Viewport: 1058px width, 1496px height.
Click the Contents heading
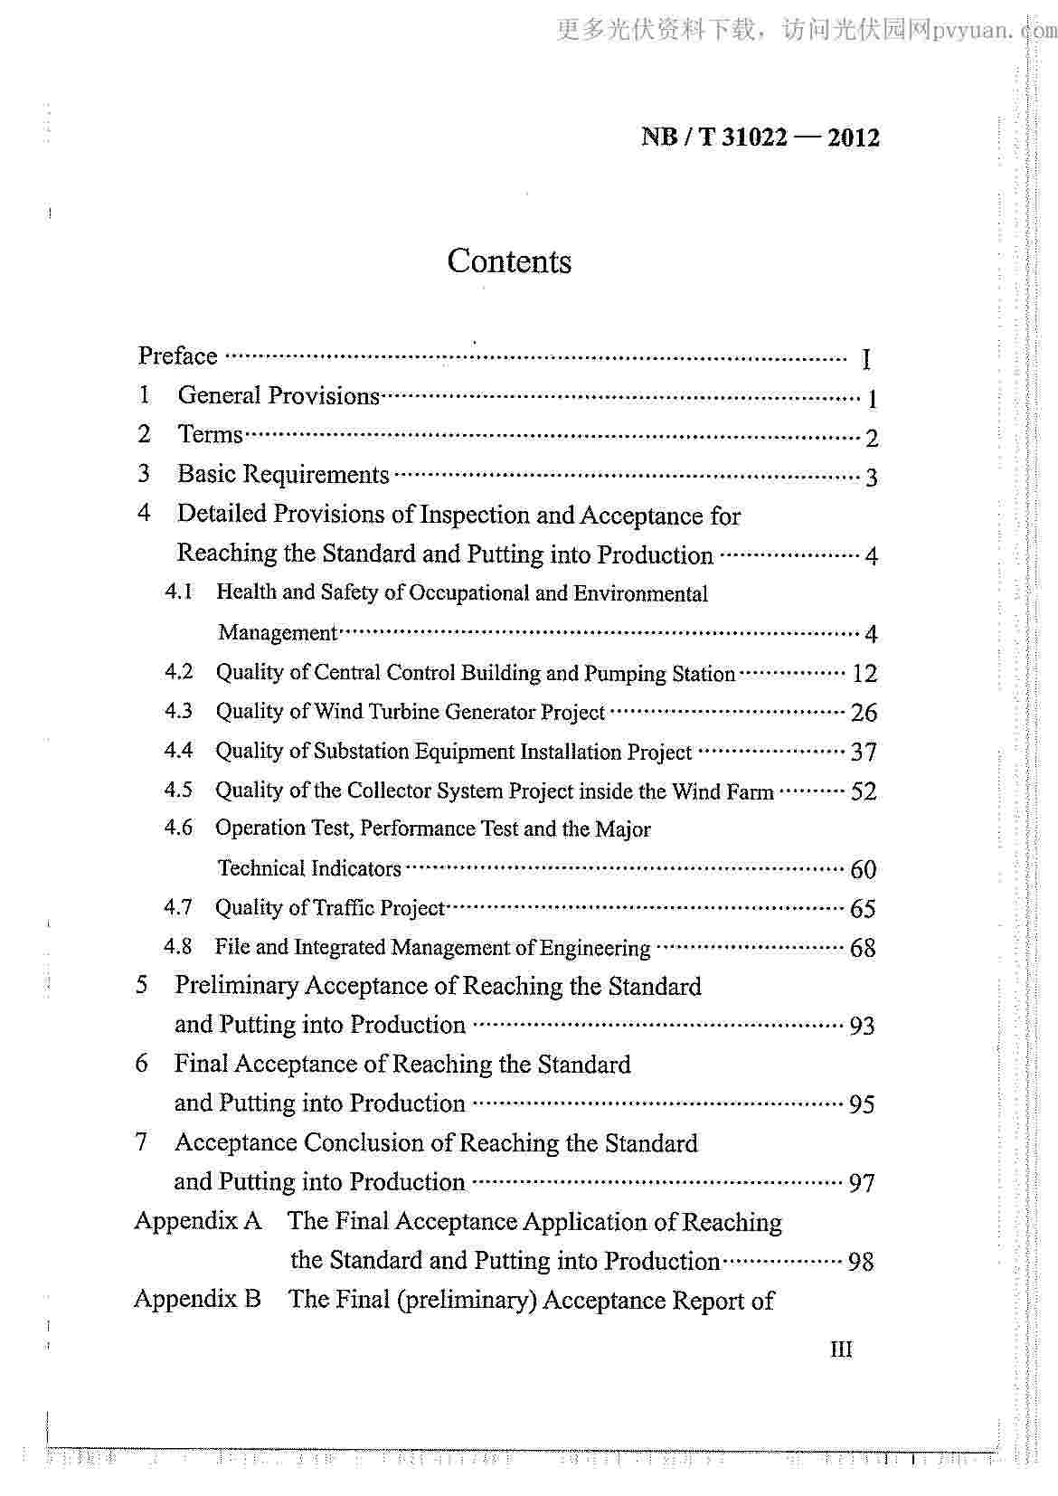click(x=509, y=261)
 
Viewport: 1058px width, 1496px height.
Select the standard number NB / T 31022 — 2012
click(x=760, y=137)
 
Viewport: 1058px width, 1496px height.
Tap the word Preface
click(x=177, y=356)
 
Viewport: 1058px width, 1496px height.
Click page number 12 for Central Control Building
click(x=864, y=674)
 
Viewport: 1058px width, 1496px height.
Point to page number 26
click(x=864, y=713)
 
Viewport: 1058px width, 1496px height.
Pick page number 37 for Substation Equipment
click(x=864, y=753)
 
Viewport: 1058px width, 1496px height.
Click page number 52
click(x=864, y=791)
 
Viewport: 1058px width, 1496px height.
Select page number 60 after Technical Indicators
click(x=864, y=870)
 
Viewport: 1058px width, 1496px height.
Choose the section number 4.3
click(x=178, y=711)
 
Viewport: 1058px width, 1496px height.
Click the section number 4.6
click(x=178, y=828)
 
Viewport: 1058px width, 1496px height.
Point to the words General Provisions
click(x=279, y=396)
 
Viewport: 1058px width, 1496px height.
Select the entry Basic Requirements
click(x=283, y=475)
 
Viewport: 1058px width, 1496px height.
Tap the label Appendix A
click(x=197, y=1221)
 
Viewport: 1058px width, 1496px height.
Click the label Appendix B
click(x=197, y=1300)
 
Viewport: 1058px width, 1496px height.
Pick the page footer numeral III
click(x=841, y=1349)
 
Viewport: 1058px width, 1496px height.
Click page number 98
click(x=861, y=1262)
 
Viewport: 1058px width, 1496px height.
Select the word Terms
click(x=210, y=435)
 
